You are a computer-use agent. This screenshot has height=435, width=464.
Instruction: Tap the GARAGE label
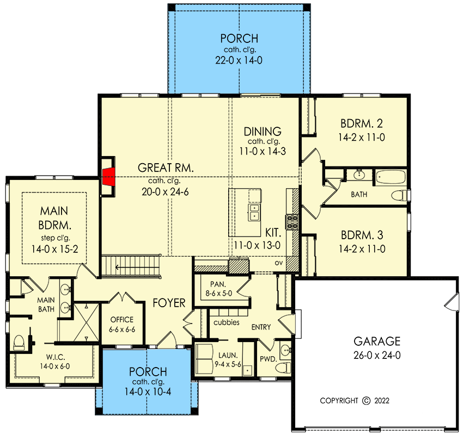(x=377, y=341)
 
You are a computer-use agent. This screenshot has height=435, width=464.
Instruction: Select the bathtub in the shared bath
(x=390, y=177)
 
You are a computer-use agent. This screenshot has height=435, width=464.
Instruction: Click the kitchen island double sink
(x=254, y=212)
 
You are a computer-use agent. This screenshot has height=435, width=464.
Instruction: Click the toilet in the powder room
(x=283, y=366)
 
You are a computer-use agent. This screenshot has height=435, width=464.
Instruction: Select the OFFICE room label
(x=121, y=320)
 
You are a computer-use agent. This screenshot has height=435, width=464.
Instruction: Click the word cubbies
(x=225, y=322)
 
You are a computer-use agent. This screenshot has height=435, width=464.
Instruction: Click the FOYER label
(x=169, y=303)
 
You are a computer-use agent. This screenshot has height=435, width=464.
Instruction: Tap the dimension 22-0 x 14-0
(x=239, y=60)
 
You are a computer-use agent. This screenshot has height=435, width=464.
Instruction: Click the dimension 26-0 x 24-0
(x=377, y=356)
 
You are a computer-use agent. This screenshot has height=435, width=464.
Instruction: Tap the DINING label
(x=262, y=131)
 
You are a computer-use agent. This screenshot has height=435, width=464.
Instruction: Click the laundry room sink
(x=247, y=371)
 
